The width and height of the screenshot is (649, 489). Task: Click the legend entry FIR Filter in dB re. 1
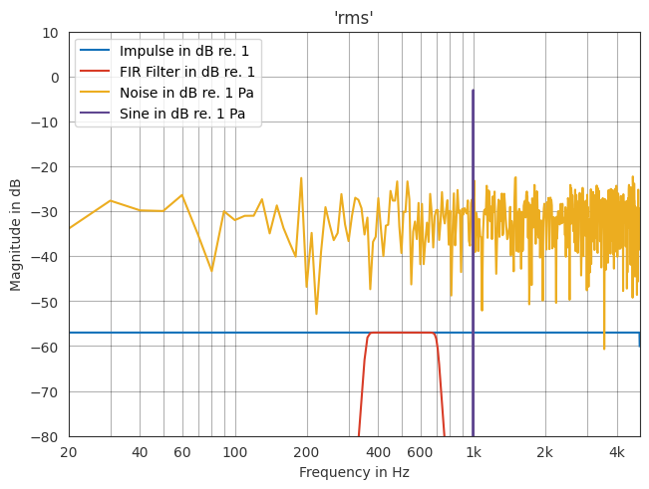187,72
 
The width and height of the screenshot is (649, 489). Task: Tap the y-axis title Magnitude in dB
15,234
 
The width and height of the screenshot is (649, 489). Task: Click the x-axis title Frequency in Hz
354,473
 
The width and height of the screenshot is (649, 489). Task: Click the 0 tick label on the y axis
55,78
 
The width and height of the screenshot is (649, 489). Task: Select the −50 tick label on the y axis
47,302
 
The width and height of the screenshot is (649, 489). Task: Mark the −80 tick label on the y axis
47,437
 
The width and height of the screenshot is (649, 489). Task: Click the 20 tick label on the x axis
69,452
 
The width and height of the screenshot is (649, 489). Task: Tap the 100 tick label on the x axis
234,452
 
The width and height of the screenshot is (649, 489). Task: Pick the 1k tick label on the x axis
473,452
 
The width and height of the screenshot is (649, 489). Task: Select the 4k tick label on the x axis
616,452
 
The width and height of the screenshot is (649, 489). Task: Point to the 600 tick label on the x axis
420,452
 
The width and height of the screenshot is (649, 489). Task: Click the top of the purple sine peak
473,91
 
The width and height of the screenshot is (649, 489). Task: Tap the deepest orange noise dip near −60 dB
604,349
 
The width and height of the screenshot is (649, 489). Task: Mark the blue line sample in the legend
97,51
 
